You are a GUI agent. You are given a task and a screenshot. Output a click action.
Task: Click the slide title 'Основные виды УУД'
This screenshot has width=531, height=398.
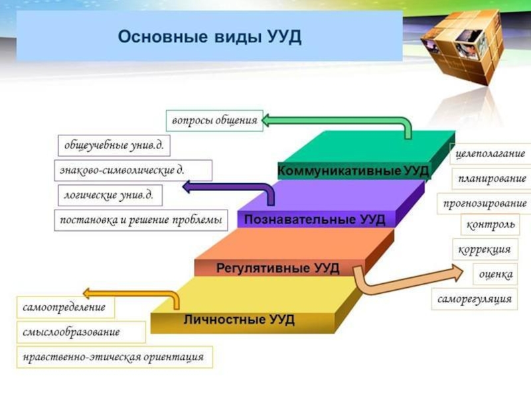coord(210,36)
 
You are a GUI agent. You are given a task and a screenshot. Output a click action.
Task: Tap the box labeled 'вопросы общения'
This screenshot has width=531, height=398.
coord(214,121)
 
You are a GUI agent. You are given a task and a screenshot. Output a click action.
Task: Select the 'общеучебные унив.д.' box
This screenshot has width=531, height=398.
coord(114,145)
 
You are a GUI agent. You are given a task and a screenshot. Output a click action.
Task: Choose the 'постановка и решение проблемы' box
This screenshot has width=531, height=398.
coord(140,220)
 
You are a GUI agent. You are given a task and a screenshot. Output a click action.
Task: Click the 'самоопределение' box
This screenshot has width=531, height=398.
coord(64,308)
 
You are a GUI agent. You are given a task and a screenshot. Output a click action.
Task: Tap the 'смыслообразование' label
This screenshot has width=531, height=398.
coord(72,332)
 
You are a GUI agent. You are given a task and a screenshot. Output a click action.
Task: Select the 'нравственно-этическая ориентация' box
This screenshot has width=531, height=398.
coord(114,357)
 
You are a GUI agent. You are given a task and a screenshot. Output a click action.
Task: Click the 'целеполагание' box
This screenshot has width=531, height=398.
coord(491,153)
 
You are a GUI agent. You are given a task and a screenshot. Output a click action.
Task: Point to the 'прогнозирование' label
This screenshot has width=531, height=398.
coord(485,203)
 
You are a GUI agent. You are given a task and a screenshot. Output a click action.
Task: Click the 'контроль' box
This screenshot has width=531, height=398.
coord(491,225)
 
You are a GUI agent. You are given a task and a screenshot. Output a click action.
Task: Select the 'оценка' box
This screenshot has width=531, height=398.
coord(496,274)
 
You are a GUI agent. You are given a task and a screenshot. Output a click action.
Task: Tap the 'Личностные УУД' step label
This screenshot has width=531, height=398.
coord(239,320)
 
